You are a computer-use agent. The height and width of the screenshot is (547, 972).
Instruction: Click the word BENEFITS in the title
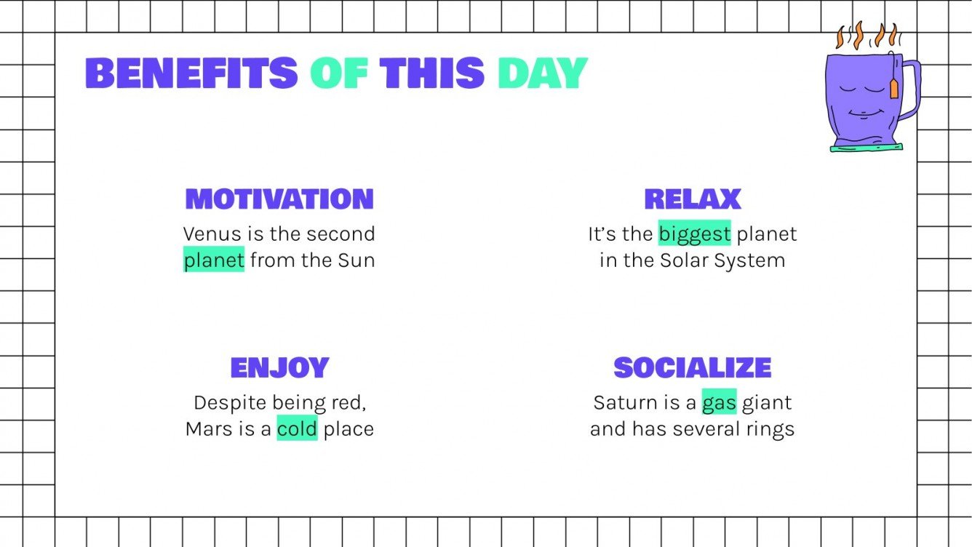click(x=191, y=73)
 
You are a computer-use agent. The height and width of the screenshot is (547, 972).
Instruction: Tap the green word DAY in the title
click(x=542, y=73)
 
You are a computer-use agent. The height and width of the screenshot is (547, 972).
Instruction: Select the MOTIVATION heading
click(x=279, y=199)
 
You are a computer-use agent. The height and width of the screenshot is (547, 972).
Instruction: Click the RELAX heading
click(x=692, y=199)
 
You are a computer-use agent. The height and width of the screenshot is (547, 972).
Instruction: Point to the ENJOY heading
click(x=279, y=367)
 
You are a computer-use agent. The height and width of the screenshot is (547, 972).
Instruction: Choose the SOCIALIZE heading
click(x=692, y=367)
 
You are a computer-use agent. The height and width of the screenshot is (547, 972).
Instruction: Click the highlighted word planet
click(x=213, y=260)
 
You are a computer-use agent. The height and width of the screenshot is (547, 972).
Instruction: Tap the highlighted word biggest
click(x=694, y=234)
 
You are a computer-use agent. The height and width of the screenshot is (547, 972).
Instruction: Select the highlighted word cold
click(x=297, y=429)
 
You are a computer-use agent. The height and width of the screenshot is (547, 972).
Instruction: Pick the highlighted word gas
click(x=719, y=403)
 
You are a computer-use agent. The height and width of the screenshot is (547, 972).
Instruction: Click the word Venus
click(x=207, y=234)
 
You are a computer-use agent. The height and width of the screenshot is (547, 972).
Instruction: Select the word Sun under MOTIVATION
click(x=356, y=260)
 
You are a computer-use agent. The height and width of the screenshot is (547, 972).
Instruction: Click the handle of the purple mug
click(x=910, y=91)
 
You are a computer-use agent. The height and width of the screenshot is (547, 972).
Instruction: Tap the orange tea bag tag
click(x=894, y=88)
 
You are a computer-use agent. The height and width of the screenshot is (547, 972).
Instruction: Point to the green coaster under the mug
click(x=866, y=148)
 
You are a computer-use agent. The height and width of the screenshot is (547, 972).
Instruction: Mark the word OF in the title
click(x=338, y=73)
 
